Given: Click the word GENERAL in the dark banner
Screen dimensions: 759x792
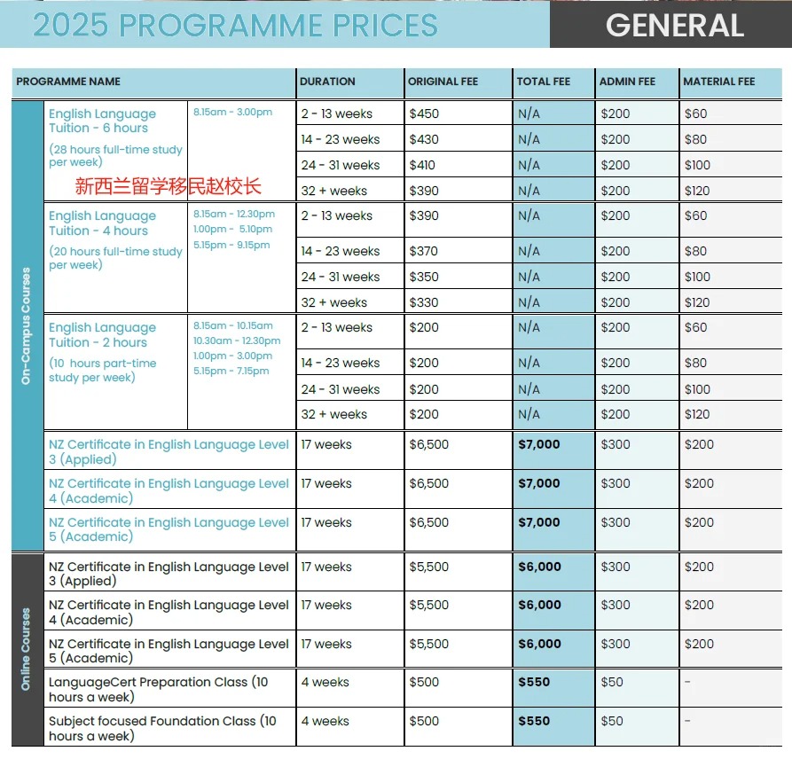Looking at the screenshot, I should coord(674,25).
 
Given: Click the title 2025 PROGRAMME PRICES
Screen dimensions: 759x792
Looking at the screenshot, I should coord(235,25).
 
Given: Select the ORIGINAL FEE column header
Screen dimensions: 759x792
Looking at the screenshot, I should coord(443,82).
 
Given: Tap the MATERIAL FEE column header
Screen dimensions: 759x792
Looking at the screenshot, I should coord(718,82).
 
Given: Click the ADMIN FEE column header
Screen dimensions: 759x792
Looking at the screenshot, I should coord(627,82).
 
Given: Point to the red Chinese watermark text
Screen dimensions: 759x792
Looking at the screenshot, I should coord(169,187).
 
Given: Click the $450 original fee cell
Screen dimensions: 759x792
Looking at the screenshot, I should coord(424,113).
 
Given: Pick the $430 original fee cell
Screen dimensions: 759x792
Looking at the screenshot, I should coord(424,139).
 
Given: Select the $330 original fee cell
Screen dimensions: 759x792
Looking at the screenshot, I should coord(424,302).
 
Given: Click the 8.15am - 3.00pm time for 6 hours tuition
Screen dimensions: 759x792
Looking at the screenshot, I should coord(232,112).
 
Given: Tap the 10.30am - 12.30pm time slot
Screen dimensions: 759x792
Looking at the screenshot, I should coord(237,340).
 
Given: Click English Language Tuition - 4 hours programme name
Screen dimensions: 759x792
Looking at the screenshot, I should coord(102,223).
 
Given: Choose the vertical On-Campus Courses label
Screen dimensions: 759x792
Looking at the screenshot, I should coord(27,325).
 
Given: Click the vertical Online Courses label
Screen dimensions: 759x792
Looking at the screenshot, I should coord(27,649).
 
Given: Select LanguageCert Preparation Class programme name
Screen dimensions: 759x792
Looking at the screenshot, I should coord(158,689).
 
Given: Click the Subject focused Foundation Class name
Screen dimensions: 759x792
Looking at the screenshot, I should coord(162,728).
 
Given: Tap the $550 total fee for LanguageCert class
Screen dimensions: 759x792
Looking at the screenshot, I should coord(534,682).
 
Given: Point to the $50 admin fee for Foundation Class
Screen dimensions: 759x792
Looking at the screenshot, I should coord(612,721).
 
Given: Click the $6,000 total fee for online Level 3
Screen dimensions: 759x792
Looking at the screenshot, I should coord(539,567).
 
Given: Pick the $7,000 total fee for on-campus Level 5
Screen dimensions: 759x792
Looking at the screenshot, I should coord(539,522).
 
